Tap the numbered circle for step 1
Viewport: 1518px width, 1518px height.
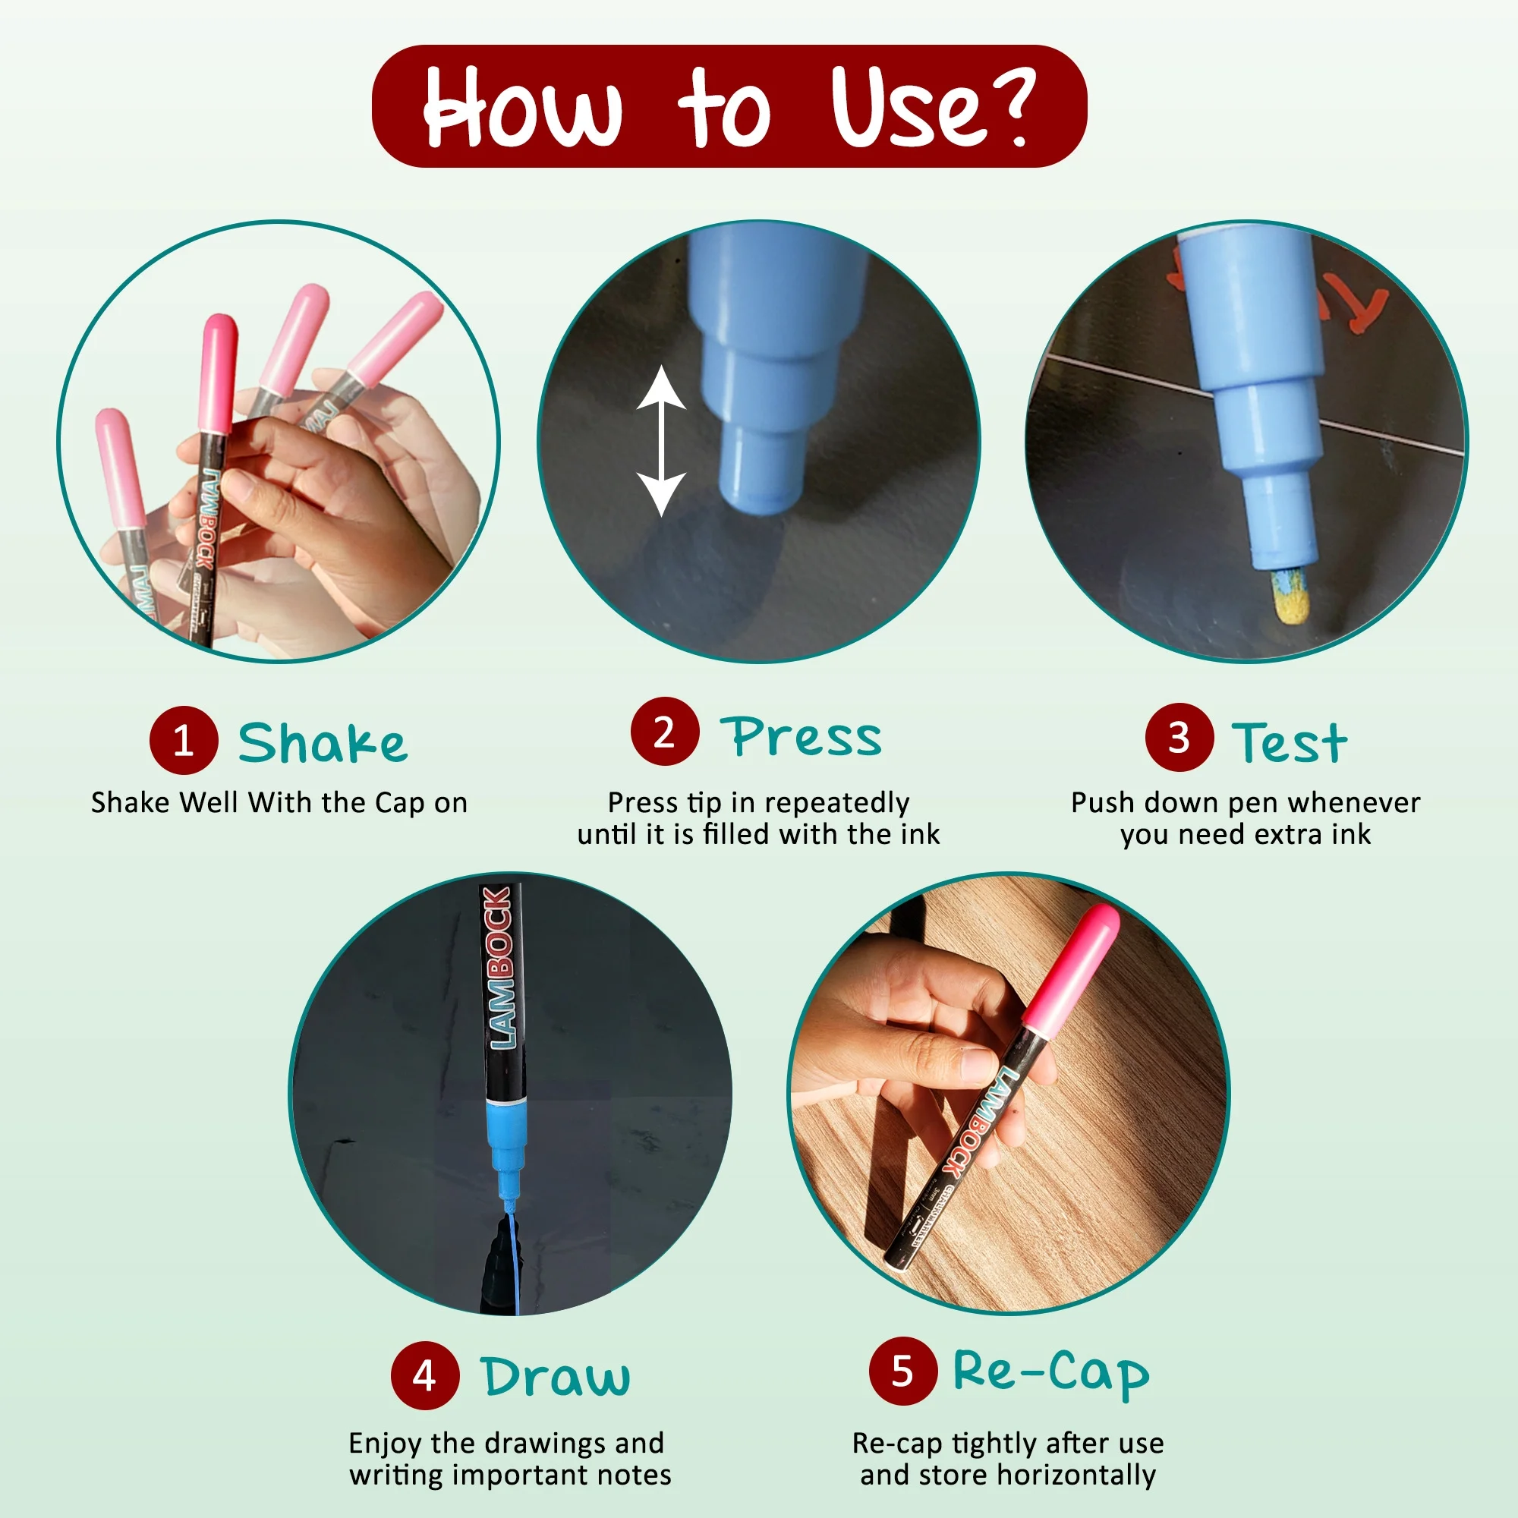(184, 740)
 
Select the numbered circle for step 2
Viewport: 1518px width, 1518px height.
(665, 732)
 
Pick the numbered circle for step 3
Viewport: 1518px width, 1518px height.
(1179, 737)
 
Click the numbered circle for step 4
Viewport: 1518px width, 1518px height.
(425, 1376)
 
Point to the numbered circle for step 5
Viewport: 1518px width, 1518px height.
(903, 1371)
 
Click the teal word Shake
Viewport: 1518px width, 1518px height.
(323, 742)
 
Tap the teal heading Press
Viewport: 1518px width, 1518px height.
(802, 736)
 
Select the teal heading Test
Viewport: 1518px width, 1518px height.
(1290, 742)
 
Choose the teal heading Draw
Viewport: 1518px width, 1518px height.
(556, 1377)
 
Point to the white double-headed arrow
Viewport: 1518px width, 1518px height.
(662, 441)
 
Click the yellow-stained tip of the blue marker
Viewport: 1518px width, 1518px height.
(1292, 595)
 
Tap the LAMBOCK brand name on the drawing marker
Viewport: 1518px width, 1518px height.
(499, 967)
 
